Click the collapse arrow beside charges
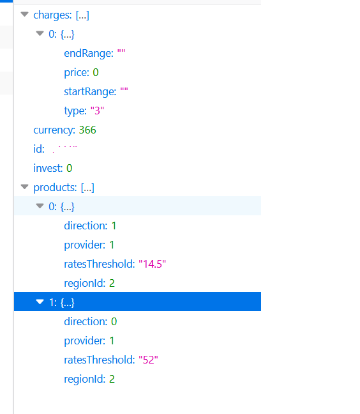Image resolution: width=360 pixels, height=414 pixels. pos(24,14)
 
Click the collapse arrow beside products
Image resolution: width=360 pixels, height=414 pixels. pos(24,187)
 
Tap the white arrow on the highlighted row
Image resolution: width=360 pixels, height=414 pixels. pos(40,302)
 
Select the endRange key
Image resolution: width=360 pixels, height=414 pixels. pos(89,53)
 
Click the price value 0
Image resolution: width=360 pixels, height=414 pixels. pos(96,72)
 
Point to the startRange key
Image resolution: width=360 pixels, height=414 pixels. pos(90,91)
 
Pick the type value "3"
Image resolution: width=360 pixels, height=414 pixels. pos(97,111)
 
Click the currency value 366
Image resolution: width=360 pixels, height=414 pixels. pos(87,130)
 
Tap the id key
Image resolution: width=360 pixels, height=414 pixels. pos(39,149)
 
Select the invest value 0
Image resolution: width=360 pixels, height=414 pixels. pos(70,168)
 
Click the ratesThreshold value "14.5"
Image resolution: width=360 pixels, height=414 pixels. pos(152,264)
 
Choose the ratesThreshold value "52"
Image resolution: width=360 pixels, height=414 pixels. pos(148,360)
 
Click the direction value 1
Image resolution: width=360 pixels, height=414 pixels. pos(114,226)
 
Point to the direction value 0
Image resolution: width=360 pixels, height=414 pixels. pos(114,321)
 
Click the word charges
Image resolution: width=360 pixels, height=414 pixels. pos(52,15)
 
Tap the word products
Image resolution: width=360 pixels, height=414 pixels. pos(55,187)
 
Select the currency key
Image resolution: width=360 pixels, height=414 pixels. pos(54,130)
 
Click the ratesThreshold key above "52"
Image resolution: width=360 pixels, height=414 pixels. pos(100,360)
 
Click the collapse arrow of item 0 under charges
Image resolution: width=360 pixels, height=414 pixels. pos(40,33)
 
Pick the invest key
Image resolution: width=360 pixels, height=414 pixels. pos(48,168)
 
